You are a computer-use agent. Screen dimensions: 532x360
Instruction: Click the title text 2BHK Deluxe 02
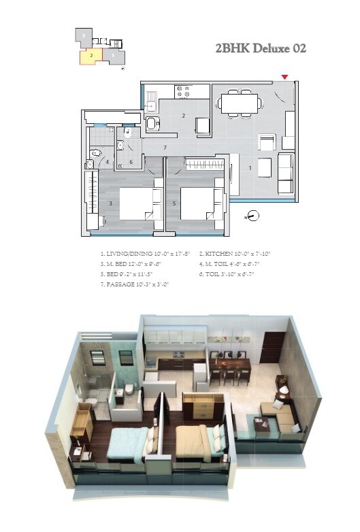(x=260, y=48)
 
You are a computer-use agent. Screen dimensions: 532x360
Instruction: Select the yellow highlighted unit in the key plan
(x=91, y=55)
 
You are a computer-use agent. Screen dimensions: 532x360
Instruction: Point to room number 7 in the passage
(x=165, y=147)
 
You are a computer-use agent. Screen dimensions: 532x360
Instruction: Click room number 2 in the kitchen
(x=183, y=116)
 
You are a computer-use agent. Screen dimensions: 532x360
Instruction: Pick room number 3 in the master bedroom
(x=110, y=203)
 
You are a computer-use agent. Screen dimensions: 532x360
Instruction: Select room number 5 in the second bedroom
(x=174, y=203)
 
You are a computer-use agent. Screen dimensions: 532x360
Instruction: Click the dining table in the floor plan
(x=239, y=104)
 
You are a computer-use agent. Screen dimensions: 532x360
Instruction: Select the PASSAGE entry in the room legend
(x=135, y=284)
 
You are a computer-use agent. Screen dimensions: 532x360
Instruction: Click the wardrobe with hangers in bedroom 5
(x=203, y=164)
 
